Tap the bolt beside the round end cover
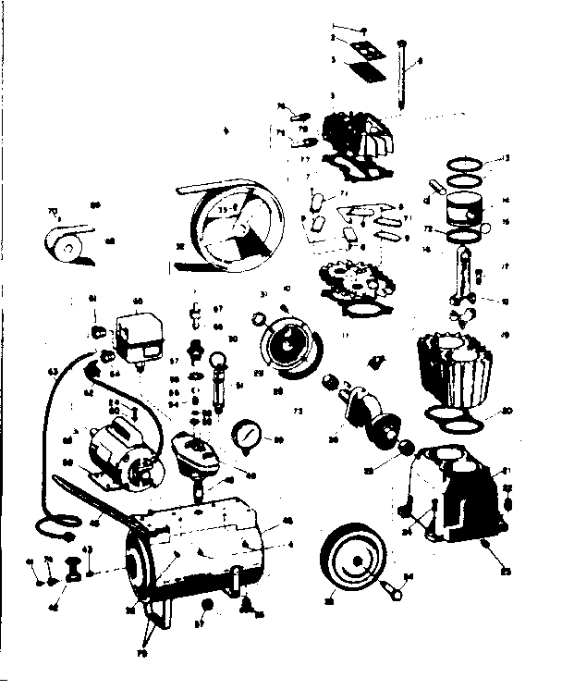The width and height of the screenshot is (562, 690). (394, 583)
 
